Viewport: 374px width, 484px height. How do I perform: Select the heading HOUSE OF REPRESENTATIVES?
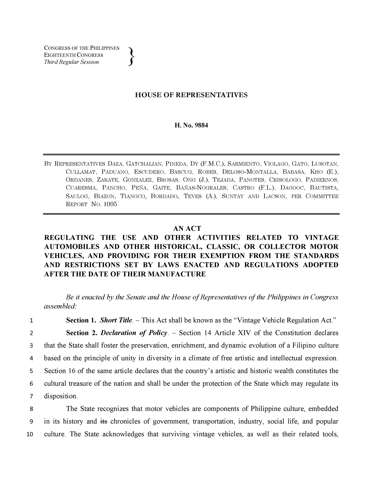click(191, 95)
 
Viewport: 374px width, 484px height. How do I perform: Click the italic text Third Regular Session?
click(71, 62)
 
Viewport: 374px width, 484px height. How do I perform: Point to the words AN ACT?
click(187, 228)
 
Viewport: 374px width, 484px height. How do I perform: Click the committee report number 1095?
click(110, 204)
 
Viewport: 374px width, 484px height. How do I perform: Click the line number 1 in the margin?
click(31, 320)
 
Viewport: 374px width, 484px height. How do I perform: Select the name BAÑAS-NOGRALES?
click(202, 188)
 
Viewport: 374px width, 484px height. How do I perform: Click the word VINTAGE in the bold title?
click(322, 238)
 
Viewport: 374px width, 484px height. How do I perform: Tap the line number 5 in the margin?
click(31, 371)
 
